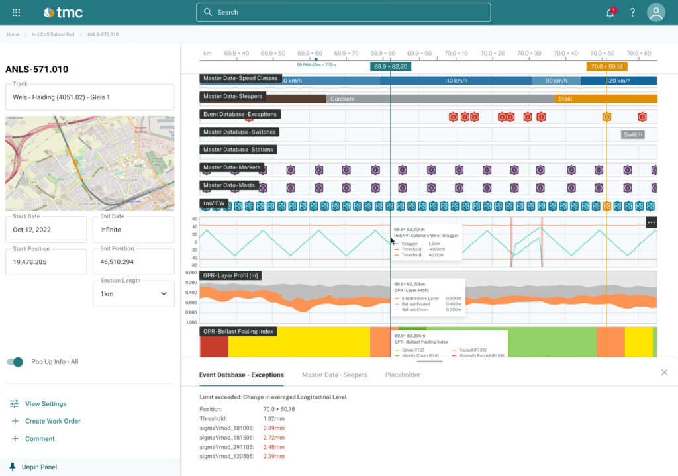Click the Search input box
[343, 12]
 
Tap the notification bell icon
[610, 13]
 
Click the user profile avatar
[655, 13]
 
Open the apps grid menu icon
[16, 13]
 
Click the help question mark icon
[632, 13]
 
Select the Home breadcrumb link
[13, 34]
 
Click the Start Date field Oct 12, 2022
[46, 230]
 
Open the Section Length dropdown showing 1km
[133, 293]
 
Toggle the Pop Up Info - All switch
[15, 362]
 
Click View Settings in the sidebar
[46, 404]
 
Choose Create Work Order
[52, 421]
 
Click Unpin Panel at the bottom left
[39, 467]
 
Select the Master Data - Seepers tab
[334, 375]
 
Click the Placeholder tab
[402, 375]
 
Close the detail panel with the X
[664, 373]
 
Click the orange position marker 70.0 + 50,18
[606, 66]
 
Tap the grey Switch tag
[632, 134]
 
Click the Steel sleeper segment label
[565, 99]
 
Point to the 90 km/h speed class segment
[556, 81]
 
